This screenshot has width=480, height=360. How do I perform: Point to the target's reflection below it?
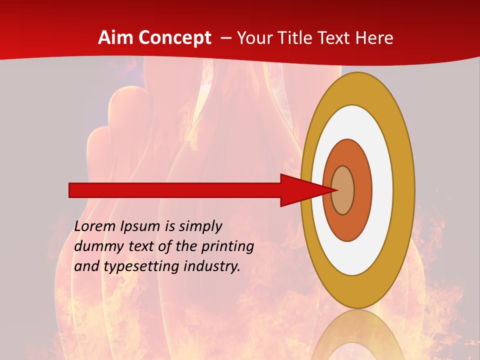357,337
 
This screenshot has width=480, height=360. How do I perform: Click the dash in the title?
225,38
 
